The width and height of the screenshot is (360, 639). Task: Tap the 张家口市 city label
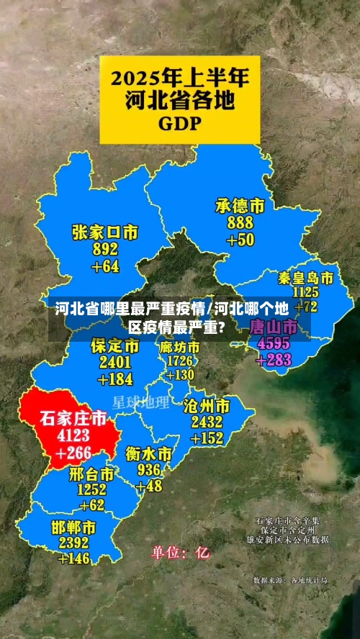click(x=105, y=232)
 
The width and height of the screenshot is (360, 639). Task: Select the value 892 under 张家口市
click(x=105, y=250)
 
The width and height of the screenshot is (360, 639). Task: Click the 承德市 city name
click(x=240, y=206)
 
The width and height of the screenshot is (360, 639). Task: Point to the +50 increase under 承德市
click(x=240, y=240)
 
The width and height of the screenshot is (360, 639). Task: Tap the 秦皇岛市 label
click(x=306, y=278)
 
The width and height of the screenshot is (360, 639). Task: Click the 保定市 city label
click(x=115, y=346)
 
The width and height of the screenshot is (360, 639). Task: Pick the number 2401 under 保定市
click(x=115, y=363)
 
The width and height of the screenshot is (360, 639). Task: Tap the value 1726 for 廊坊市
click(x=180, y=361)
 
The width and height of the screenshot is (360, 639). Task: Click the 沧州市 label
click(x=207, y=404)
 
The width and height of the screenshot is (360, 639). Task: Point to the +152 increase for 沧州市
click(x=207, y=438)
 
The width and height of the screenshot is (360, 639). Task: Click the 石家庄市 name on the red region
click(x=72, y=418)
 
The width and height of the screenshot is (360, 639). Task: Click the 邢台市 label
click(x=91, y=474)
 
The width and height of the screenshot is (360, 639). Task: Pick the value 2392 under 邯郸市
click(x=73, y=543)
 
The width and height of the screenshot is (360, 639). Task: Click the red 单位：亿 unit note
click(x=180, y=553)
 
